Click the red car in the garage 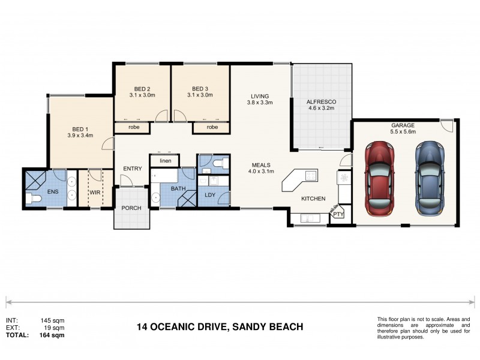(x=379, y=178)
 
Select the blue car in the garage (x=428, y=178)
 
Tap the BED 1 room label (x=80, y=129)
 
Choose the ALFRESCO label (x=320, y=101)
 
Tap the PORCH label (x=131, y=209)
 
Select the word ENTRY (x=132, y=169)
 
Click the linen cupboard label (x=164, y=160)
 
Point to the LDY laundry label (x=210, y=195)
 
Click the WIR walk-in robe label (x=95, y=193)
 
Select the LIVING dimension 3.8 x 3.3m (x=260, y=103)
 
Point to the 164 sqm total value (x=52, y=335)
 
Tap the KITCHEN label (x=313, y=199)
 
